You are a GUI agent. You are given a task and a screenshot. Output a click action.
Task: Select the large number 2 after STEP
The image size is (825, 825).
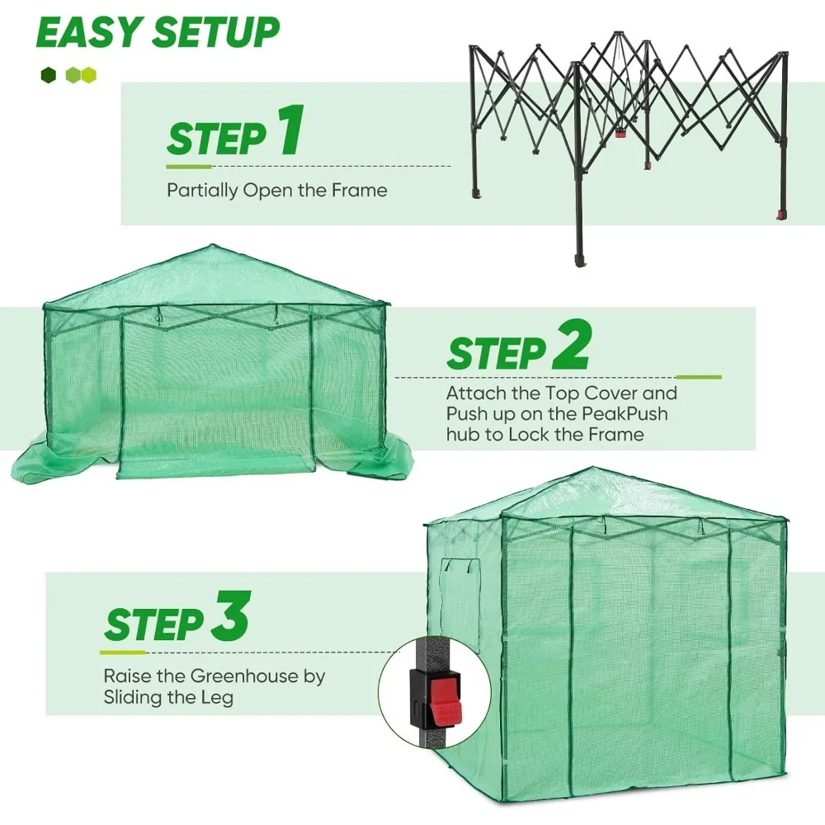click(x=571, y=347)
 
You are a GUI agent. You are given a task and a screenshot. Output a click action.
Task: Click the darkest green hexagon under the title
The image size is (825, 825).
click(x=48, y=75)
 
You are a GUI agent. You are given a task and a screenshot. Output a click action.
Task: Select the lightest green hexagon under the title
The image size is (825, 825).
click(x=88, y=75)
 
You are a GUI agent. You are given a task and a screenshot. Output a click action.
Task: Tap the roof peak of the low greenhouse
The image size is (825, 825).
click(x=214, y=247)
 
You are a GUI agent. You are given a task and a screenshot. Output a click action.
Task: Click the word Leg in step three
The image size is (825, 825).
click(x=218, y=697)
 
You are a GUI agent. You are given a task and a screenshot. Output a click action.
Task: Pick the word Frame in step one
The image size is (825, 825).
click(x=358, y=191)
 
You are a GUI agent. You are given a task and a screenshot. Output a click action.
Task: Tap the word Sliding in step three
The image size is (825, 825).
click(x=137, y=697)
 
